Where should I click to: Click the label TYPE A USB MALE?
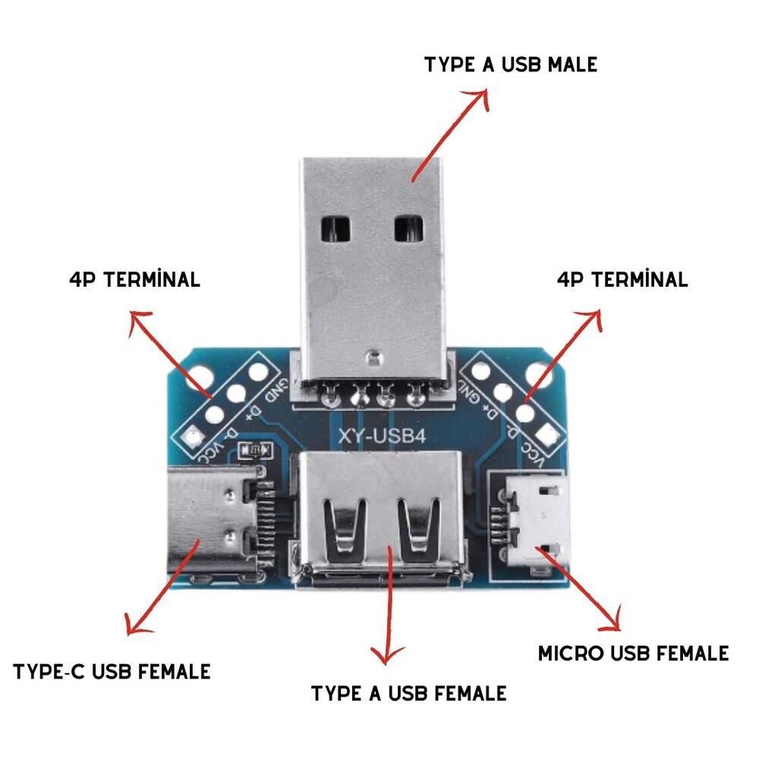(x=510, y=65)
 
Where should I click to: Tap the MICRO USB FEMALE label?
(x=633, y=653)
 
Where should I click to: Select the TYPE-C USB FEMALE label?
(x=112, y=672)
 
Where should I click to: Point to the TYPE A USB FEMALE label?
(x=408, y=693)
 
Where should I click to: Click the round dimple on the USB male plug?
(x=371, y=354)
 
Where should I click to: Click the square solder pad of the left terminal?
(x=193, y=436)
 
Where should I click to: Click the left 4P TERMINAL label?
(x=134, y=279)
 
